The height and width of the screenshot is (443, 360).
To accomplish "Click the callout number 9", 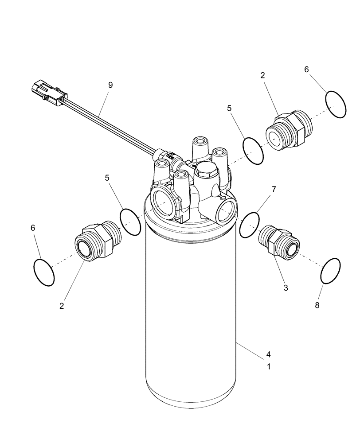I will (110, 85).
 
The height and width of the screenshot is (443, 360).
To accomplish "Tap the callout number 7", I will (274, 189).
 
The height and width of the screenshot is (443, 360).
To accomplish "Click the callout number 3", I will (286, 288).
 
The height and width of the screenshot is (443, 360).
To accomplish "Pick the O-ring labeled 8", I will (331, 271).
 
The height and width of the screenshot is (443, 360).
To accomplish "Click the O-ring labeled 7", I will (249, 224).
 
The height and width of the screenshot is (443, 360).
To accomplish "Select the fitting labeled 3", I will (278, 241).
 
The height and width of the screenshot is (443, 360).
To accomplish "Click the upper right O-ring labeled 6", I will (336, 104).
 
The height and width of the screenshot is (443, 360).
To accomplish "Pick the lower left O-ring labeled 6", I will (44, 272).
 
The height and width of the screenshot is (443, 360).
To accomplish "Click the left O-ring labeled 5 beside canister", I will (130, 222).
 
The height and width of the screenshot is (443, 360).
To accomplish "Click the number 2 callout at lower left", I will (62, 306).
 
